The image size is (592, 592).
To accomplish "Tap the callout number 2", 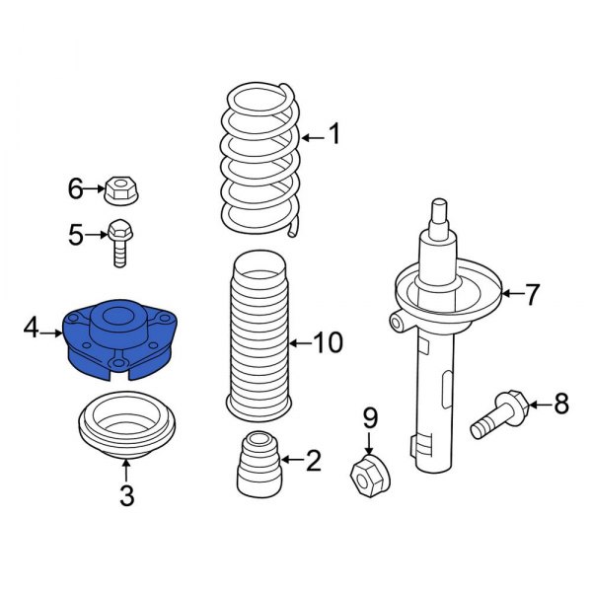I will click(313, 459).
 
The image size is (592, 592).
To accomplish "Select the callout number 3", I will click(126, 496).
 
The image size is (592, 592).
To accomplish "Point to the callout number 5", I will click(75, 234).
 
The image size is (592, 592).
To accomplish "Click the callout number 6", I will click(75, 186).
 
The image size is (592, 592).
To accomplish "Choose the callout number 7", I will click(533, 293).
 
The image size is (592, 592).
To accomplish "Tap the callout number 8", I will click(560, 403).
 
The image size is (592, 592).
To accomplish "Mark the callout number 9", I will click(369, 417).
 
